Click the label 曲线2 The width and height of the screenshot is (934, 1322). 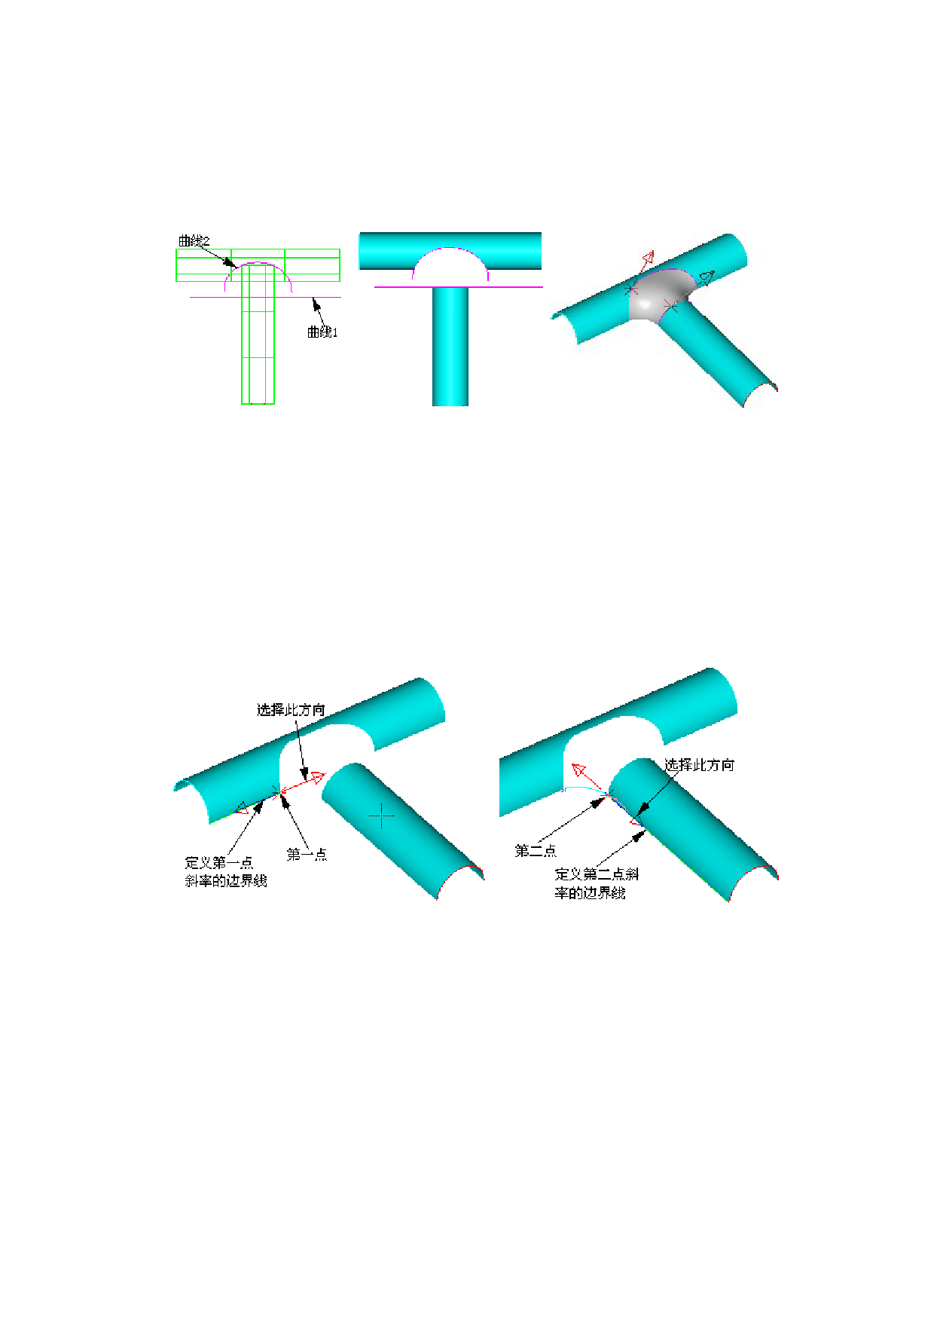pyautogui.click(x=194, y=241)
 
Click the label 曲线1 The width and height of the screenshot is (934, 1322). pyautogui.click(x=322, y=332)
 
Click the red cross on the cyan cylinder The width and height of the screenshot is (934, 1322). pyautogui.click(x=382, y=815)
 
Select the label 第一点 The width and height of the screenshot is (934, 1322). pyautogui.click(x=307, y=854)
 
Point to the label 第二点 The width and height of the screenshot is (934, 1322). pyautogui.click(x=536, y=851)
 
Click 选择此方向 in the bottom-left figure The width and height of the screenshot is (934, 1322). pyautogui.click(x=291, y=709)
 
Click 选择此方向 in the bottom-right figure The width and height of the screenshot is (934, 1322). pyautogui.click(x=699, y=765)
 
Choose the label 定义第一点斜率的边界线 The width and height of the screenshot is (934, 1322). pyautogui.click(x=226, y=872)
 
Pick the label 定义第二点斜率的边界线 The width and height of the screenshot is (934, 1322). pyautogui.click(x=597, y=883)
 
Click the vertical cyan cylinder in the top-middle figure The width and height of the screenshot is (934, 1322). pyautogui.click(x=450, y=347)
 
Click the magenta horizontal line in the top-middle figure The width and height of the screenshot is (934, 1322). pyautogui.click(x=459, y=287)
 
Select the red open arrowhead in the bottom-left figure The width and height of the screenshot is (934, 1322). pyautogui.click(x=317, y=777)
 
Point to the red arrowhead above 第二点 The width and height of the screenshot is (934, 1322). pyautogui.click(x=579, y=770)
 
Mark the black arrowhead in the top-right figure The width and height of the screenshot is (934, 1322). pyautogui.click(x=707, y=277)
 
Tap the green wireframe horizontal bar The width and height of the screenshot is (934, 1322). pyautogui.click(x=258, y=265)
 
